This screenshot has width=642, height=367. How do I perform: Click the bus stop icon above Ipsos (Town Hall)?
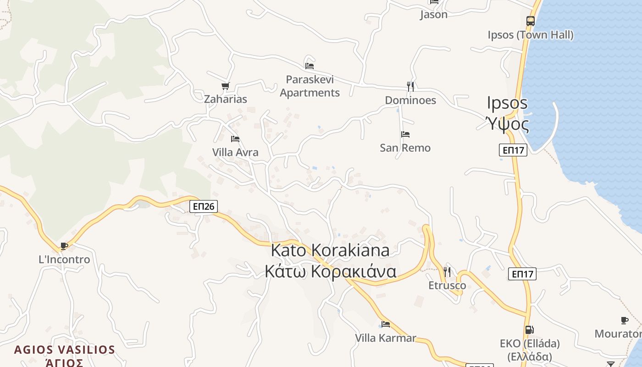click(530, 21)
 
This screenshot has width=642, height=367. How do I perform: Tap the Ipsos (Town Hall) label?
click(530, 35)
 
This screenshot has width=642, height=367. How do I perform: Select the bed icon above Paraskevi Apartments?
click(310, 66)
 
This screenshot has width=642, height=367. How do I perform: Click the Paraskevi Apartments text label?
click(310, 86)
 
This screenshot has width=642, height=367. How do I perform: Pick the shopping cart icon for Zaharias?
click(225, 86)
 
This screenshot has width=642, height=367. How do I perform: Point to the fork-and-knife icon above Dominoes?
click(410, 86)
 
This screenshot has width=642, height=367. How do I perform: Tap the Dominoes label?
click(410, 100)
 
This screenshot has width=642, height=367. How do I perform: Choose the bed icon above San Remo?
click(405, 134)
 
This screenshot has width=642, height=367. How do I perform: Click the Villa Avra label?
click(235, 152)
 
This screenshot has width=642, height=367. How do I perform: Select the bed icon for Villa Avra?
click(235, 139)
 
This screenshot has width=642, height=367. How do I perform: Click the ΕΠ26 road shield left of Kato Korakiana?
click(204, 206)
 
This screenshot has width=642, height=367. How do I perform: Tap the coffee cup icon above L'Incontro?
click(64, 246)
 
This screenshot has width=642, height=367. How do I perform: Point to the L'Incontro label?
click(64, 260)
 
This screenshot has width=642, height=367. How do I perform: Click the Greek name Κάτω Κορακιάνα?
click(330, 272)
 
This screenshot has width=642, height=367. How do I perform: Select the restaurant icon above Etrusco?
click(447, 272)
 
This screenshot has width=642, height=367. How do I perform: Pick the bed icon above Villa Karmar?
click(386, 324)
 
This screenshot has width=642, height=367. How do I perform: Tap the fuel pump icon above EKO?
click(529, 329)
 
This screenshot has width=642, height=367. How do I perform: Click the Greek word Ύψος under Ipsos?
click(507, 124)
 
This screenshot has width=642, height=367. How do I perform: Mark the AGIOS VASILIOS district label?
click(64, 350)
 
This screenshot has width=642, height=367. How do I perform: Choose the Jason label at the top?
click(433, 15)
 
